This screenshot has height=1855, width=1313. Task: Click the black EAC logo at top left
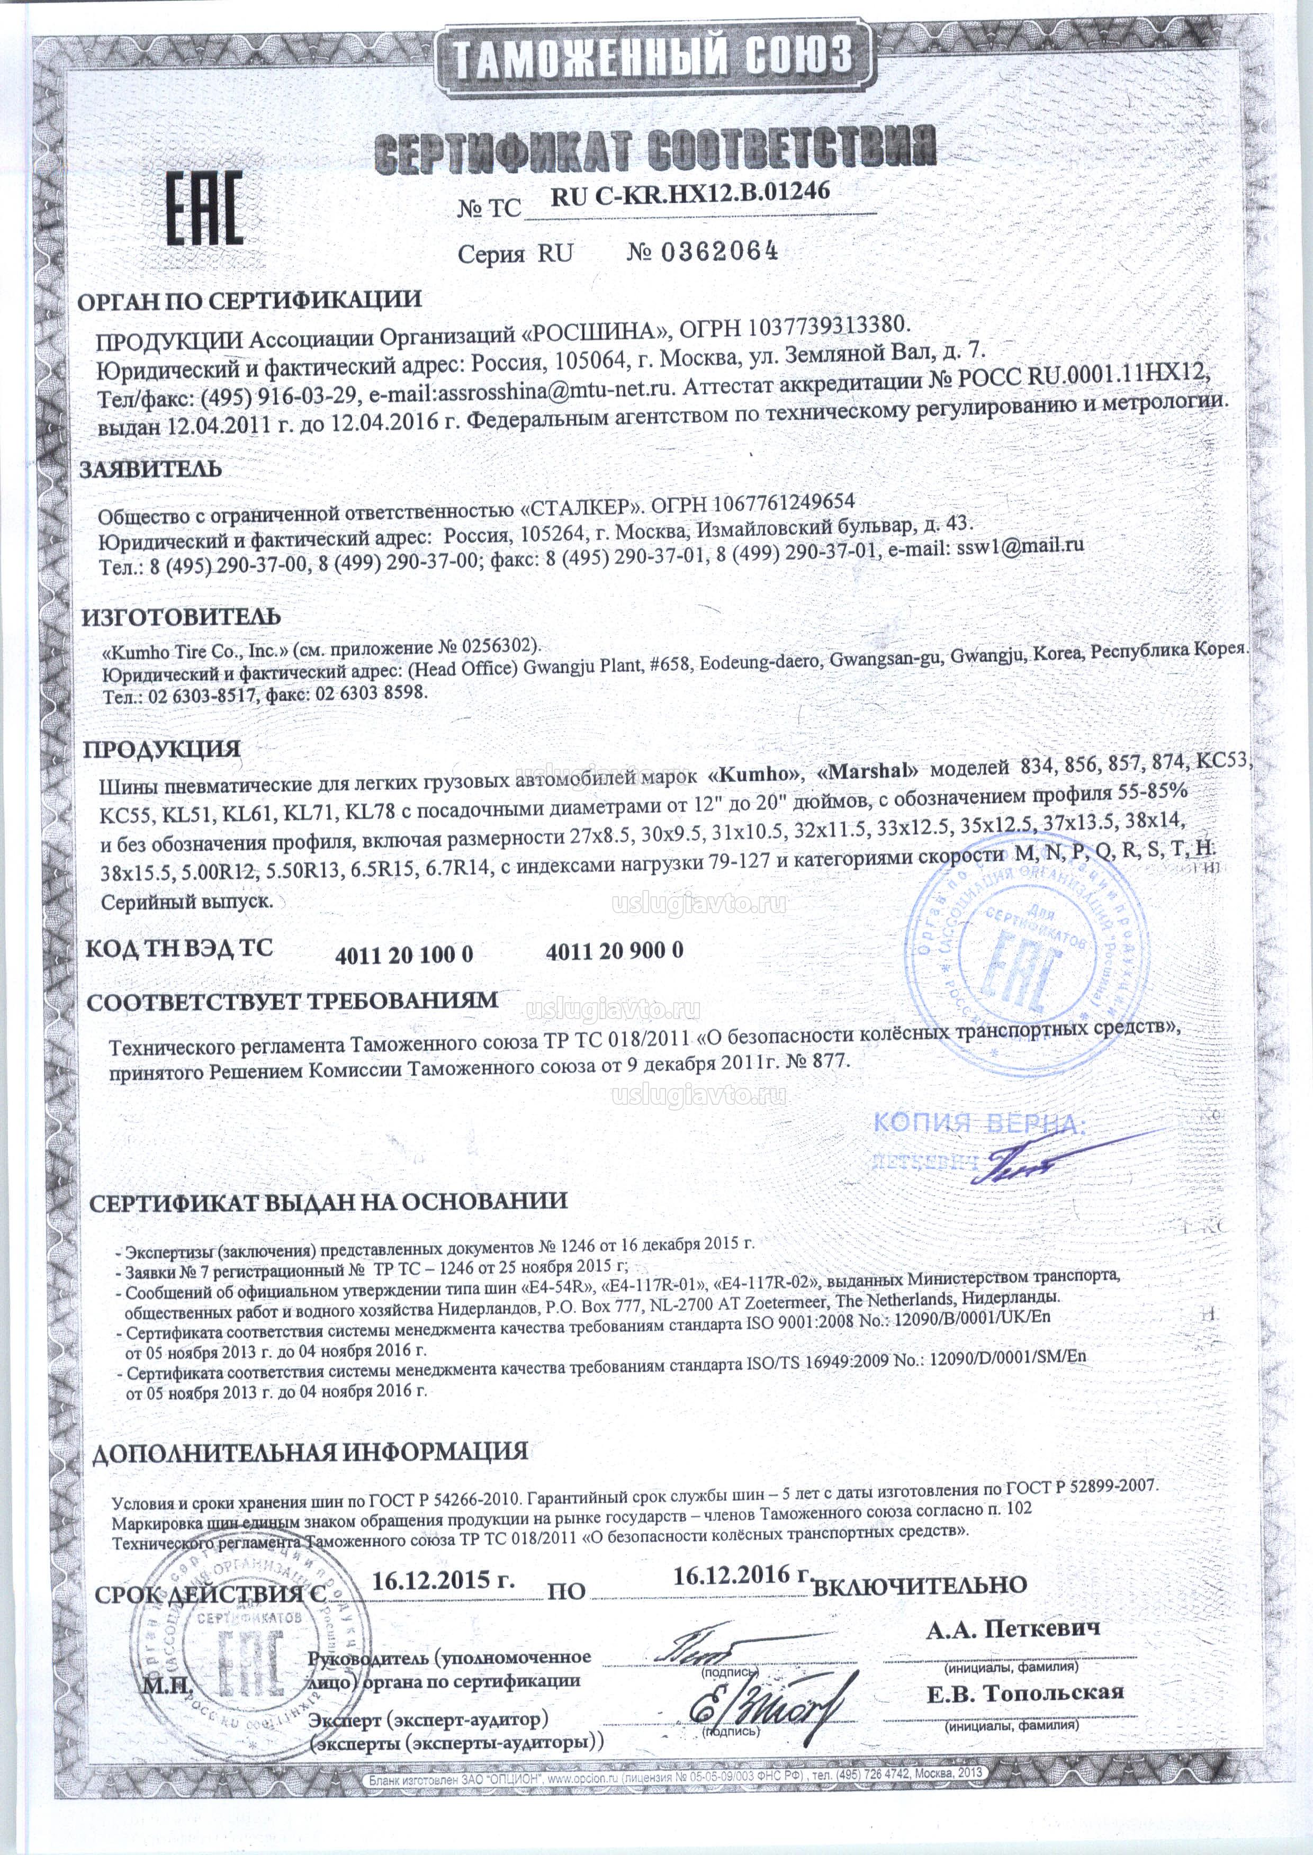click(x=204, y=209)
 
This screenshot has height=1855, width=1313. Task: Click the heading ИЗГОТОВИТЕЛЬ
click(x=181, y=617)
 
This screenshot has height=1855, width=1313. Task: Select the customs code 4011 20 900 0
click(x=615, y=951)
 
